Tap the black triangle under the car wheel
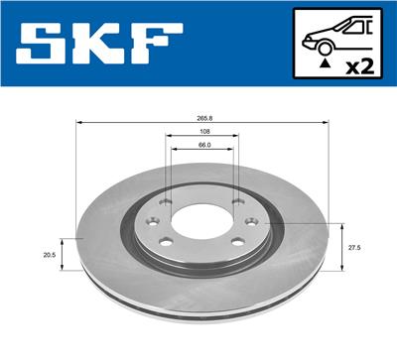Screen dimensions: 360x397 [324, 61]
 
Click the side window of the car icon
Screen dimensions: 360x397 [349, 27]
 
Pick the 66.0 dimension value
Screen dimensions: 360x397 [202, 146]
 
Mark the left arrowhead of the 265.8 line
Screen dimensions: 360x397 [80, 123]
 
